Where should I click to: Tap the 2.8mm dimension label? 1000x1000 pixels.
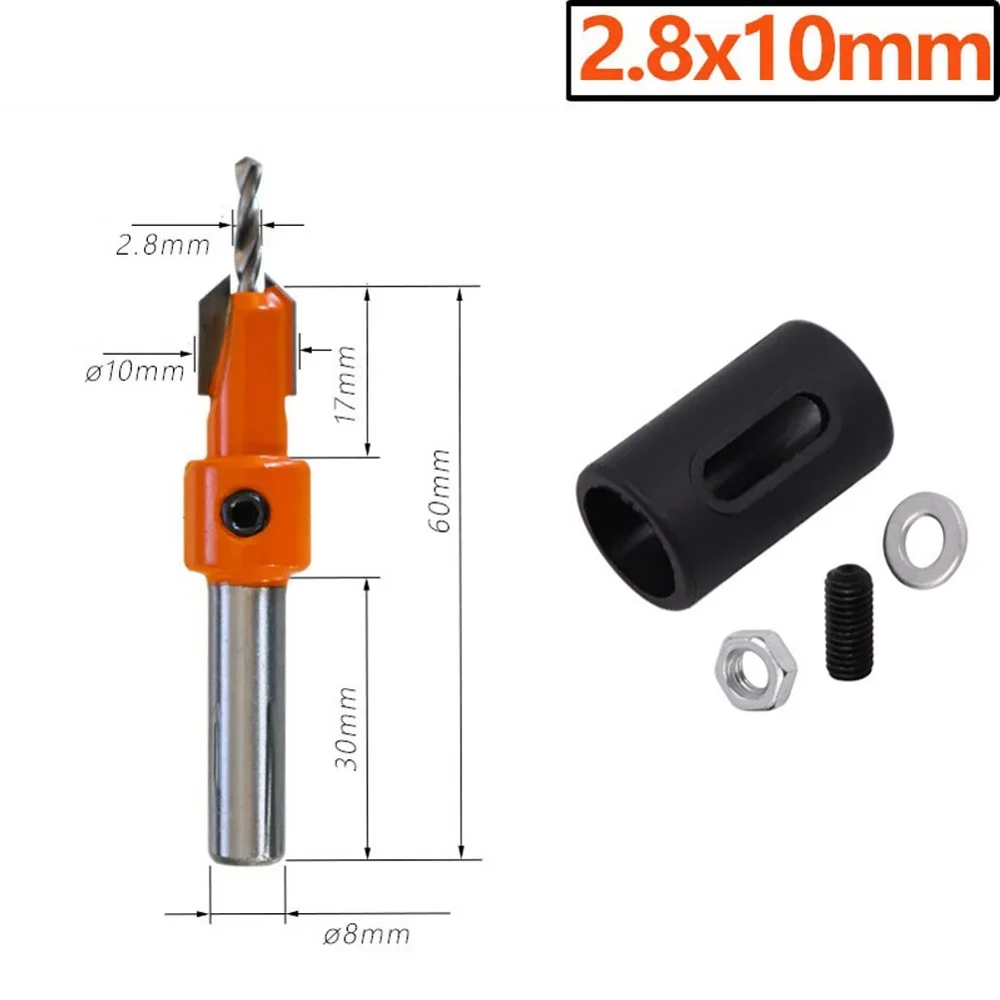pos(162,245)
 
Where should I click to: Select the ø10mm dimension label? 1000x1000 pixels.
pos(136,372)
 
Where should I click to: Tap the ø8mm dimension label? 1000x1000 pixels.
pos(367,935)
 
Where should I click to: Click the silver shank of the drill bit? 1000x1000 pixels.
pos(241,719)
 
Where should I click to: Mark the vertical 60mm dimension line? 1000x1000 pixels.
pos(462,574)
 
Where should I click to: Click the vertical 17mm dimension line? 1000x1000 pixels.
pos(369,372)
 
